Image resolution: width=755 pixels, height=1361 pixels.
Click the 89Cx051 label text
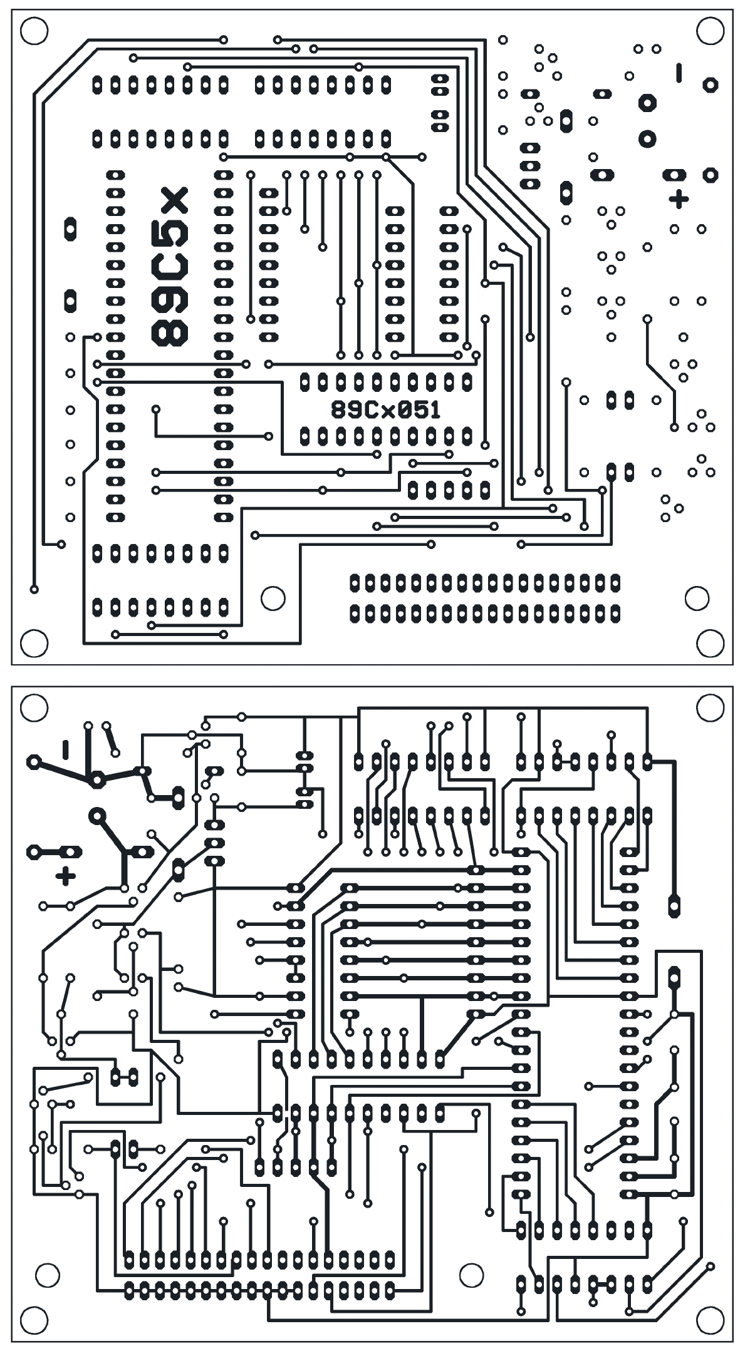(386, 410)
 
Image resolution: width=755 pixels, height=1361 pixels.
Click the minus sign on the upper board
(679, 73)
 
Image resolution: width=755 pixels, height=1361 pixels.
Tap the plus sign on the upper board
(678, 199)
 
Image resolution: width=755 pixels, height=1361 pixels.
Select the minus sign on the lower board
(65, 749)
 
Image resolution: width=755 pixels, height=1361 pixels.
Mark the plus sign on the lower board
(65, 876)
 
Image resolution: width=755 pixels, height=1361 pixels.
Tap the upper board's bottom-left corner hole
(34, 643)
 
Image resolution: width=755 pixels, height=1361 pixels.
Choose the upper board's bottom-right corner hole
(710, 643)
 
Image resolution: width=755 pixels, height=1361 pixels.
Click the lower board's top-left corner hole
(34, 708)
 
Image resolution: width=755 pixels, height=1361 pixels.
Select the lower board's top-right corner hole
(710, 708)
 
